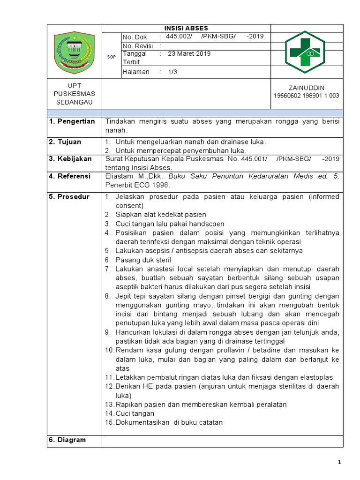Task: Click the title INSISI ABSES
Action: [x=186, y=28]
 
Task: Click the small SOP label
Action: [x=112, y=57]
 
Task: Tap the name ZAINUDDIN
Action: [x=307, y=88]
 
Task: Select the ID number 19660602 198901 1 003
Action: [x=307, y=96]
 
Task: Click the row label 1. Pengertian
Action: [x=72, y=121]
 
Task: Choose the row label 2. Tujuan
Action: [x=65, y=142]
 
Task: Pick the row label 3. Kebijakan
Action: [x=70, y=159]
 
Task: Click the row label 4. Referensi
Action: [x=70, y=176]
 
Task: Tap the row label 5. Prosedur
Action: [x=69, y=196]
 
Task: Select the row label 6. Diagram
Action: [x=67, y=440]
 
